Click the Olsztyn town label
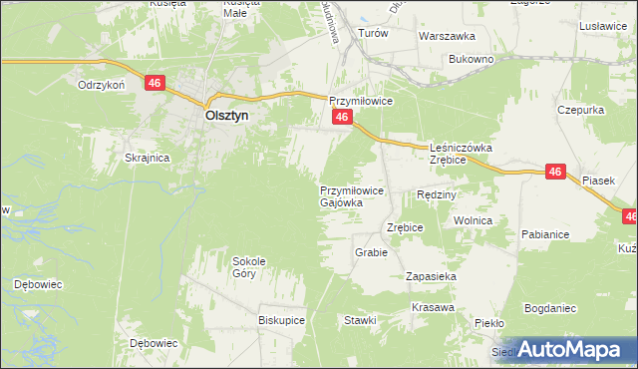[226, 115]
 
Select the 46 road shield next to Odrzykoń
[154, 84]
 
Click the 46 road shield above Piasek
[555, 173]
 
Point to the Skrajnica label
[147, 158]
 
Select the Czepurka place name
[581, 109]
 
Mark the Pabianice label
[544, 234]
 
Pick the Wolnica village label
[474, 219]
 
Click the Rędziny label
[436, 194]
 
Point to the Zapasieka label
[431, 275]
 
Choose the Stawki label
[360, 320]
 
